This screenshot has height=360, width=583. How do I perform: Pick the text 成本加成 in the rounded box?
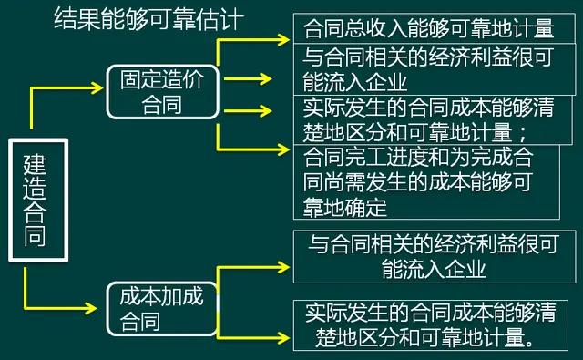(162, 296)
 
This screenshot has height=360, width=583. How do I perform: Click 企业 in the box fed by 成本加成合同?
(463, 270)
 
